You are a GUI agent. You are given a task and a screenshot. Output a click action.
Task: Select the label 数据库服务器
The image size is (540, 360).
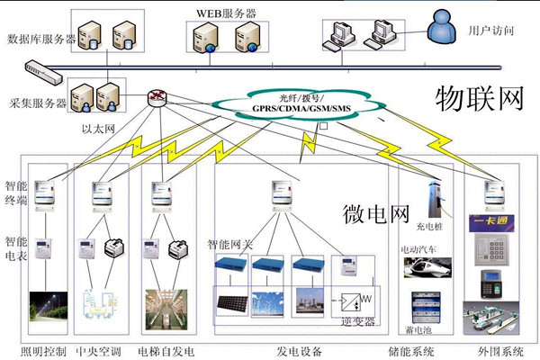41,40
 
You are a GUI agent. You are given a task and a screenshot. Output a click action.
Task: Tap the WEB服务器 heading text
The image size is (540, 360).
225,13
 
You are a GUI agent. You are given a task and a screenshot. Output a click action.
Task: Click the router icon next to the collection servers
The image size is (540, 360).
158,97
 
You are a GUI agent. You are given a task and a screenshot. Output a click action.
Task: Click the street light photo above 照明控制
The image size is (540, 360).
48,306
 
